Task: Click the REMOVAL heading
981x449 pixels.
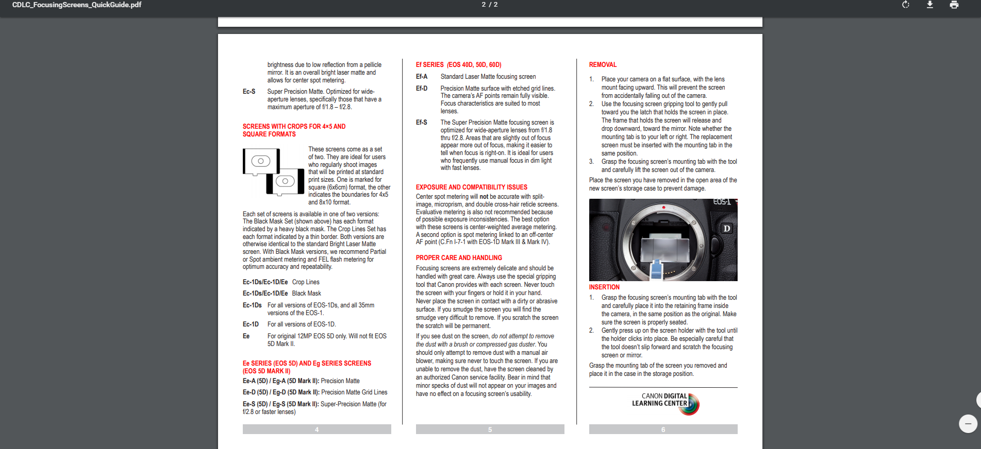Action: (x=603, y=65)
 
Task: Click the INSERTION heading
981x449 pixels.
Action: (x=604, y=287)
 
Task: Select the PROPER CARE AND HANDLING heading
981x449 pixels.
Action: (x=459, y=258)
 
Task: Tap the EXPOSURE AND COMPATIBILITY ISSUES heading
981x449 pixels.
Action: (x=471, y=187)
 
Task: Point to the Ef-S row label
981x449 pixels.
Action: (x=422, y=123)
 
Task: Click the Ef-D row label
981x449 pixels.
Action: (x=422, y=89)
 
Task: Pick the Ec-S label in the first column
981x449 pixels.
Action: (x=249, y=92)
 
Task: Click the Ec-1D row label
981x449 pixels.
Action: (x=251, y=324)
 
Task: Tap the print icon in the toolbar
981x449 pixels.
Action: (x=954, y=5)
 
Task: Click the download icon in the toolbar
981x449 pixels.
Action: (x=930, y=5)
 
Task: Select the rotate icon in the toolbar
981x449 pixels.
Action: (x=906, y=5)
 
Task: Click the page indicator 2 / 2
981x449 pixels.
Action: (x=490, y=5)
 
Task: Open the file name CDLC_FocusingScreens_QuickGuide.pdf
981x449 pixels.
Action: (x=77, y=5)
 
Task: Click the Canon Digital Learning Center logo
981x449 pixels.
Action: (x=666, y=403)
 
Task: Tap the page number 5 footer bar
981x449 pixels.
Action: (x=490, y=429)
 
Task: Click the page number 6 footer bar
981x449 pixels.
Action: (x=663, y=429)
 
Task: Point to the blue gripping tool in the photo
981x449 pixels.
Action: (x=656, y=269)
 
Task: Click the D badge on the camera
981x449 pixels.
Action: (x=726, y=229)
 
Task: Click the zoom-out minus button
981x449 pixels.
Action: (x=968, y=424)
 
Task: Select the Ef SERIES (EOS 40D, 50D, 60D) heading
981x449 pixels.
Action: (x=458, y=65)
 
